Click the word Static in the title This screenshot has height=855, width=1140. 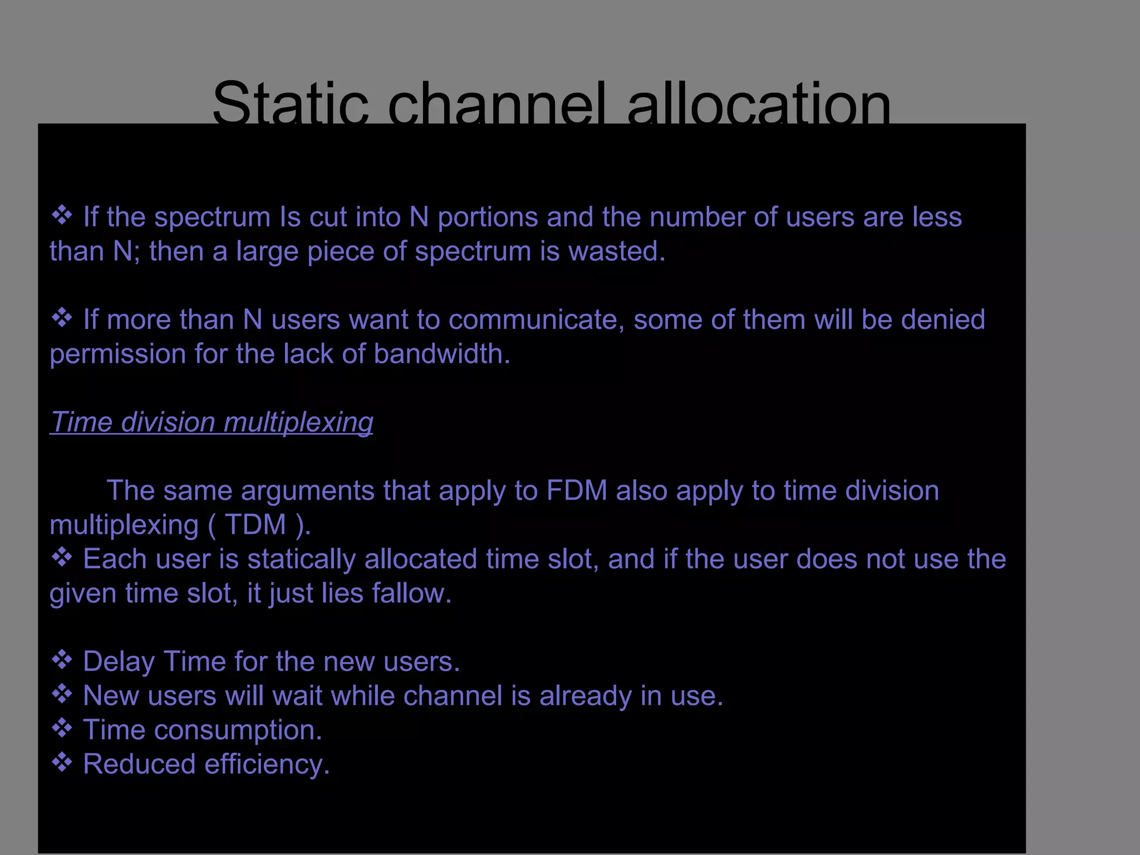(290, 103)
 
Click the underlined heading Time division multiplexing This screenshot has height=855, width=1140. (212, 422)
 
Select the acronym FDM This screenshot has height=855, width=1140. (577, 491)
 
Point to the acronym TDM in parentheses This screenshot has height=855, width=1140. (255, 525)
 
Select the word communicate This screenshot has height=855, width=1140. (536, 320)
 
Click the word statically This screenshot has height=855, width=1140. (301, 559)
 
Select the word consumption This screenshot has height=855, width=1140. (238, 730)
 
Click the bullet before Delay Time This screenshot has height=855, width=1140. (62, 660)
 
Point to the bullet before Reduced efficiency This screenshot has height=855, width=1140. (62, 762)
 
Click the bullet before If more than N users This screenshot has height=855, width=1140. (62, 318)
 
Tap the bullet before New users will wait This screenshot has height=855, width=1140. (62, 694)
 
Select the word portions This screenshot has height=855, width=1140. (488, 218)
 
